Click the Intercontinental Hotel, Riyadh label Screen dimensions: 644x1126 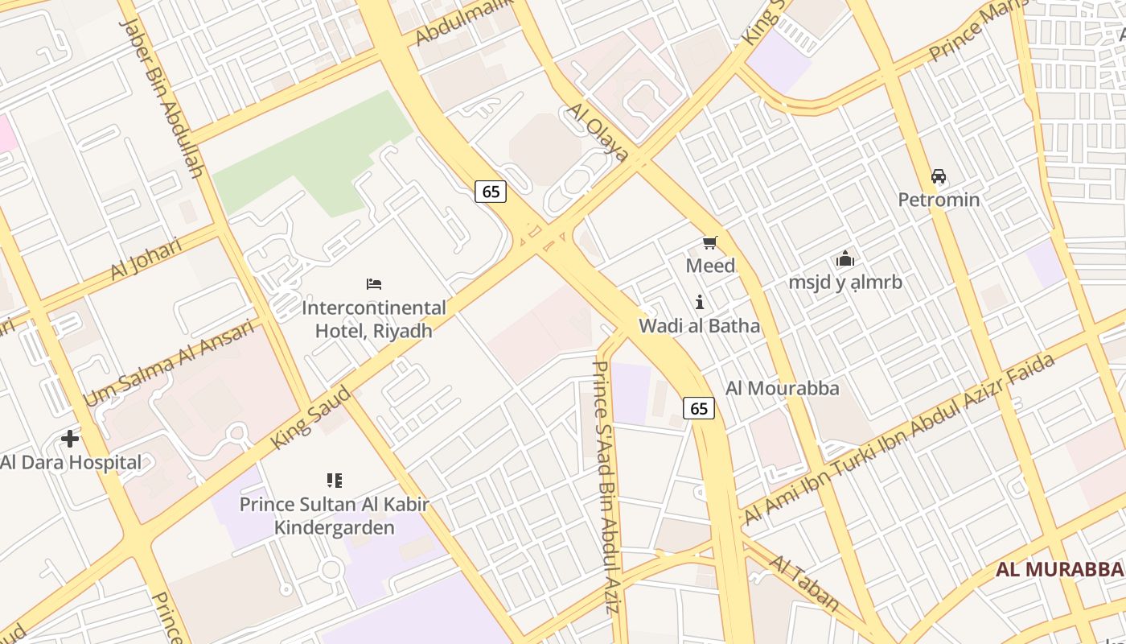[x=373, y=319]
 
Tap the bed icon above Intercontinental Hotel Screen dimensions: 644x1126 [x=374, y=284]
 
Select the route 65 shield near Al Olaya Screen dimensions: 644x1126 [x=491, y=192]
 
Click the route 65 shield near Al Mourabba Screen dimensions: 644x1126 [x=699, y=409]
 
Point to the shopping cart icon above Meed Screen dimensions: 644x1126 [x=709, y=243]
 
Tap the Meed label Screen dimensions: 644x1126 [x=710, y=266]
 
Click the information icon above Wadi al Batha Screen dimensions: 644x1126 [x=700, y=303]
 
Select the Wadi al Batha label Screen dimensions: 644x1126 [x=699, y=326]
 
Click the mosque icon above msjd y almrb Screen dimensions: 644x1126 [x=844, y=259]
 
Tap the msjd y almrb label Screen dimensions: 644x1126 [x=844, y=283]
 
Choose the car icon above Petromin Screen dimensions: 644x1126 [x=938, y=176]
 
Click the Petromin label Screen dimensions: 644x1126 [x=939, y=200]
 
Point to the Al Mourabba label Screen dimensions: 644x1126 [x=782, y=388]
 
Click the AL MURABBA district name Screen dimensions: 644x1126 [x=1059, y=570]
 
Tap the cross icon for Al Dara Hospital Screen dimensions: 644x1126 [x=70, y=439]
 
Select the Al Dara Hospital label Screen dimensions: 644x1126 [x=71, y=462]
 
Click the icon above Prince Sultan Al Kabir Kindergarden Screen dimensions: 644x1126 [x=335, y=481]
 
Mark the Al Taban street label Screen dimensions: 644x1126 [x=805, y=584]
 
